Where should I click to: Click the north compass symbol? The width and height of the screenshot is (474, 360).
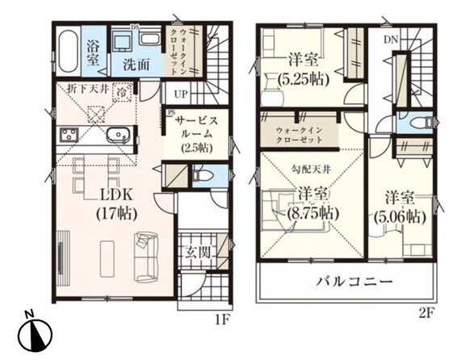point(35,334)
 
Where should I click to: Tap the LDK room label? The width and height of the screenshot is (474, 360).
point(116,195)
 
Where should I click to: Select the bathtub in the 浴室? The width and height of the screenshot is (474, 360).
point(68,51)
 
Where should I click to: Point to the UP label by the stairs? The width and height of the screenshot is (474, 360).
point(181,94)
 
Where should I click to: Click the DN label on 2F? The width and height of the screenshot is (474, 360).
point(391,40)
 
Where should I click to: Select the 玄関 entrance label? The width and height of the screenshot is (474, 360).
point(198,252)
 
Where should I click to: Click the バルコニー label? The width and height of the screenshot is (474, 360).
point(354,283)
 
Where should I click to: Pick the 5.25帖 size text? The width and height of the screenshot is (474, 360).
point(303,79)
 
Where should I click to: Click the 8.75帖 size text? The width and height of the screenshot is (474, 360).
point(313,214)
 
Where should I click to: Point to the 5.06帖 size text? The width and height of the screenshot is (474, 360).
point(400,216)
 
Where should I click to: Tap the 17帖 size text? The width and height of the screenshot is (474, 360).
point(117,214)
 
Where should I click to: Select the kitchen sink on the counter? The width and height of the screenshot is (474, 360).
point(118,135)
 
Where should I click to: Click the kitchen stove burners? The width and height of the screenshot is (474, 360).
point(69,135)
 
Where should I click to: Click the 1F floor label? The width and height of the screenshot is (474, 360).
point(222,320)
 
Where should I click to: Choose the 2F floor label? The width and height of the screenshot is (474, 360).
point(426,313)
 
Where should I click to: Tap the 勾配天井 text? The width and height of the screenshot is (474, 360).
point(311,170)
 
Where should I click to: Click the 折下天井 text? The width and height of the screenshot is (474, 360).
point(88,89)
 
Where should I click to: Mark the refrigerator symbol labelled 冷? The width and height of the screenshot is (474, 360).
point(123,92)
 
